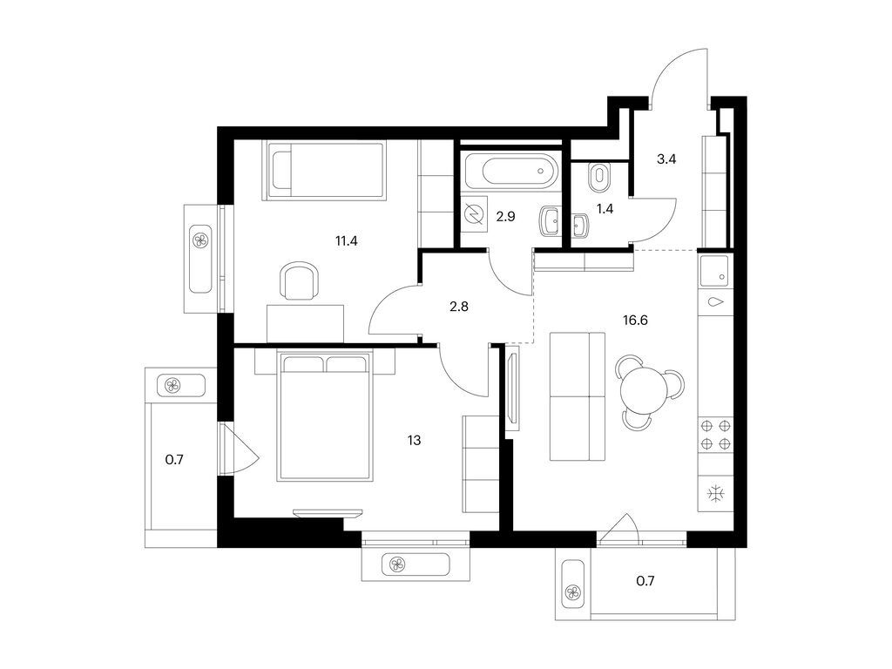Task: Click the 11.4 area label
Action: (346, 240)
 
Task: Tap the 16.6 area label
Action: (635, 321)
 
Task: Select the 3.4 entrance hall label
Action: (666, 159)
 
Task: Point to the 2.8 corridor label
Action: (458, 307)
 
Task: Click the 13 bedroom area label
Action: (414, 440)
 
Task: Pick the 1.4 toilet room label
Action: (605, 209)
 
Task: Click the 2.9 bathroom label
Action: (505, 216)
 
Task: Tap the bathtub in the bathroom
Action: (510, 170)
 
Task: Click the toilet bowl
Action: (599, 177)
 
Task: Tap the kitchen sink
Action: (714, 272)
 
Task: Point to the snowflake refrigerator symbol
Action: (713, 493)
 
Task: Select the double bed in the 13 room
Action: (325, 416)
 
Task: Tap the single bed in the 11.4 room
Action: (324, 171)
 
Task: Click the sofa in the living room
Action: (578, 396)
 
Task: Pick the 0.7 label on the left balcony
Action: (174, 460)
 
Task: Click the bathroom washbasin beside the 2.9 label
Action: (551, 221)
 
